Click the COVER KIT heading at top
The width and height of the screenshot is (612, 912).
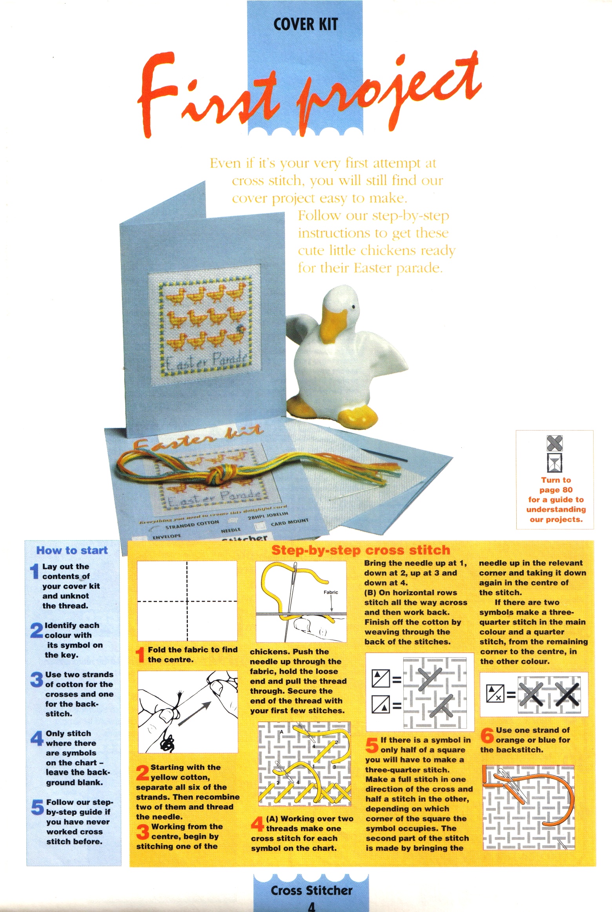(x=305, y=24)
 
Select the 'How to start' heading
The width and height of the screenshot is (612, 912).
(x=72, y=550)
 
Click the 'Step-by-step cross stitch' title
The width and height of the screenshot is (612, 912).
(x=361, y=550)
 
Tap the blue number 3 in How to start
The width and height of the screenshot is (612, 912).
(x=36, y=679)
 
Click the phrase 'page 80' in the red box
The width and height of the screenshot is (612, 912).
(x=556, y=490)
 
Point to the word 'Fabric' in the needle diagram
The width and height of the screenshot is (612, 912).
(x=330, y=592)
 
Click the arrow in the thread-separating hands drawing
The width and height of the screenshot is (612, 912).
(x=195, y=714)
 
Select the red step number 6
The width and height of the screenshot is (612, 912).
(x=487, y=735)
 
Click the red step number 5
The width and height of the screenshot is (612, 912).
(x=372, y=745)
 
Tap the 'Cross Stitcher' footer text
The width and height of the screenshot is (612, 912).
(x=311, y=890)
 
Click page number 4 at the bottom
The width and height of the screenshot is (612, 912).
(x=311, y=907)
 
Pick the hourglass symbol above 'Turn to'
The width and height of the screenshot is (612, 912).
(x=554, y=462)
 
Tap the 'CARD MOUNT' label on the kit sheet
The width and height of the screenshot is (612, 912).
(x=290, y=522)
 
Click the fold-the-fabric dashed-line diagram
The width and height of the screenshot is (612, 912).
(x=187, y=601)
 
